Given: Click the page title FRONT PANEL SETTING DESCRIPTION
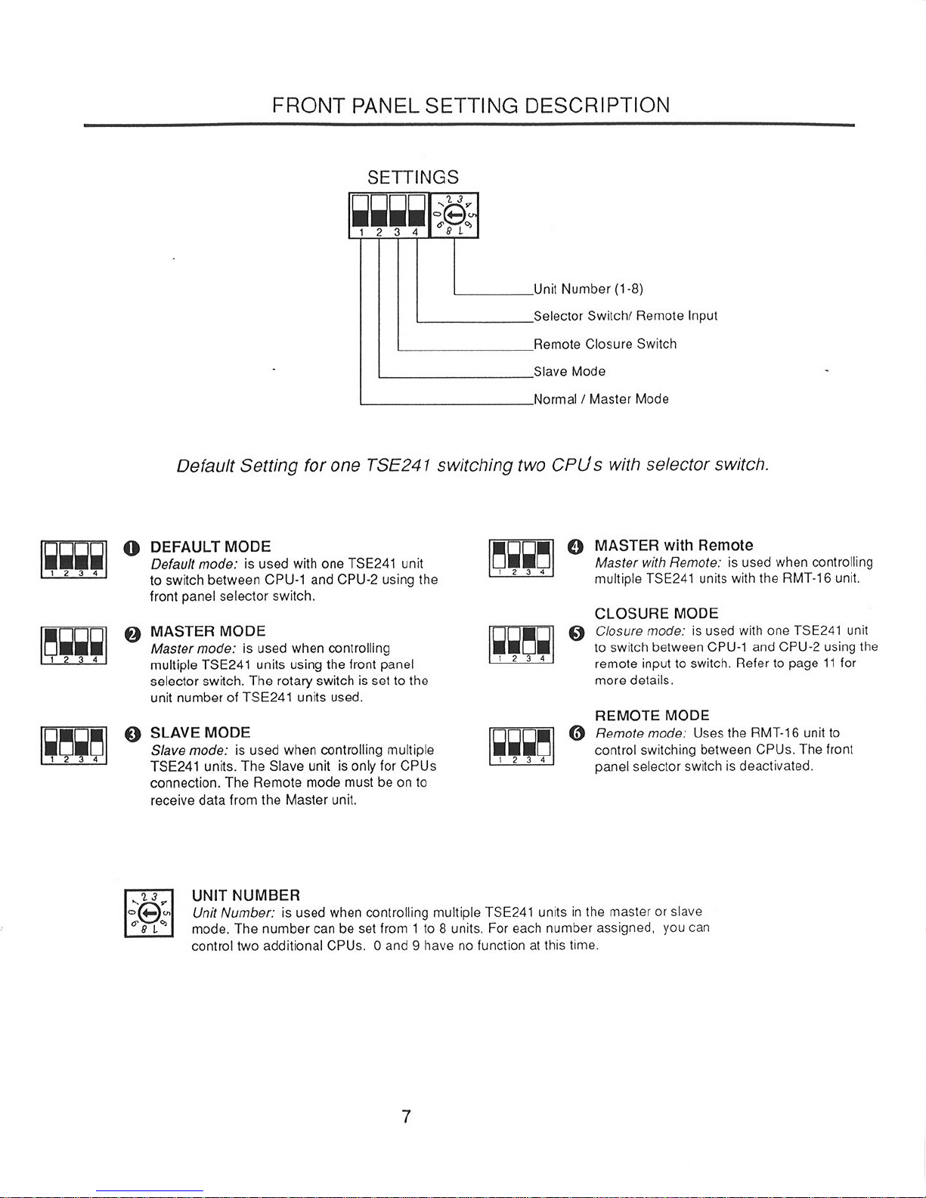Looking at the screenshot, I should pos(471,105).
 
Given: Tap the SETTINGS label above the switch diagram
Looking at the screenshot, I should pos(413,178).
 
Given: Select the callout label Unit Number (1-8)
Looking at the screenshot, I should pos(588,289).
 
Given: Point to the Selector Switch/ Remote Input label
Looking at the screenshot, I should pos(625,316).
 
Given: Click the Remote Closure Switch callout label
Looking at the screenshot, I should pos(605,344).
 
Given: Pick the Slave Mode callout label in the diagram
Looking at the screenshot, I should pos(569,371).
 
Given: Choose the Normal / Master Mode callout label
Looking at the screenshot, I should pos(601,399).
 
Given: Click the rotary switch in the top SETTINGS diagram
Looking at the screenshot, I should pos(454,215).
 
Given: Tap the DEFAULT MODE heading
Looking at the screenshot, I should pos(210,546).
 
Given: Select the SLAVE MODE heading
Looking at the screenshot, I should pos(200,732).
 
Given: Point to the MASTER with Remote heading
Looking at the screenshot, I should pos(674,546).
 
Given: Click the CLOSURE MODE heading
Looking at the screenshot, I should pos(656,613).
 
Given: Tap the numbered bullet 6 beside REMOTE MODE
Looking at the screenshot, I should pos(578,732).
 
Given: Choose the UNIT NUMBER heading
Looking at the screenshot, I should pos(246,896).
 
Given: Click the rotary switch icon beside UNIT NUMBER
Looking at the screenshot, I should pos(149,913).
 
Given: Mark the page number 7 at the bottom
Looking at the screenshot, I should pos(406,1116).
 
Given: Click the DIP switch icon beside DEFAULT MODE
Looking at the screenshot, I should pos(73,560).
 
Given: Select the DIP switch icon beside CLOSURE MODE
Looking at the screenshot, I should pos(522,645).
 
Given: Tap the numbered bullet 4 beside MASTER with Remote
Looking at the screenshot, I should pos(577,546).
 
